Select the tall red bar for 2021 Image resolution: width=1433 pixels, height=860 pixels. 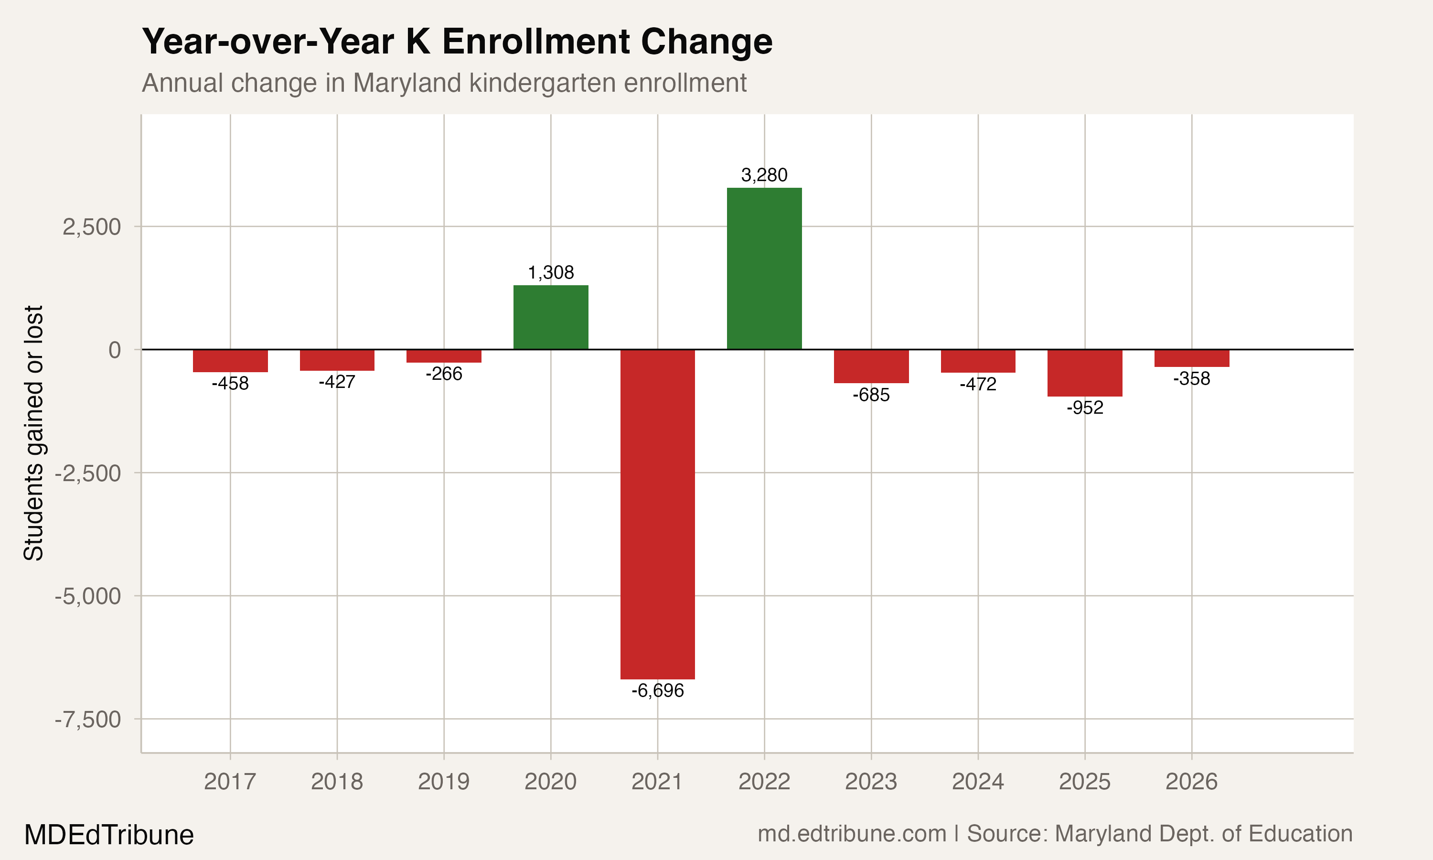tap(657, 514)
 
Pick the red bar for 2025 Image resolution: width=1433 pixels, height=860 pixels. tap(1085, 373)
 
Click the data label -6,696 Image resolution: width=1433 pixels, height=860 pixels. tap(657, 691)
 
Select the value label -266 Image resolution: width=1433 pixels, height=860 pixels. tap(444, 374)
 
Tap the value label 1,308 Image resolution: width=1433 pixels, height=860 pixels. tap(551, 272)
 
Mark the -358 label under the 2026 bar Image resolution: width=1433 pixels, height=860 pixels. tap(1191, 379)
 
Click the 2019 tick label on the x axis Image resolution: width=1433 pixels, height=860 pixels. tap(444, 782)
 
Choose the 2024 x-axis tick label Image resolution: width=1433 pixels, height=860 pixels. tap(978, 782)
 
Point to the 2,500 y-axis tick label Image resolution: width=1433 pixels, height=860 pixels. tap(92, 226)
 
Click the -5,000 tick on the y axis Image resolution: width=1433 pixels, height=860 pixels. tap(88, 596)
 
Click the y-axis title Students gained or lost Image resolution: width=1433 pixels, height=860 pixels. tap(33, 433)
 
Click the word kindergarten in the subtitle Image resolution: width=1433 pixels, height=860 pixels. tap(542, 83)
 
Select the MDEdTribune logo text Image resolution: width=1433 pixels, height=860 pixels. tap(109, 835)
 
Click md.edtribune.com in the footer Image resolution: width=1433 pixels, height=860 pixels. tap(852, 834)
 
